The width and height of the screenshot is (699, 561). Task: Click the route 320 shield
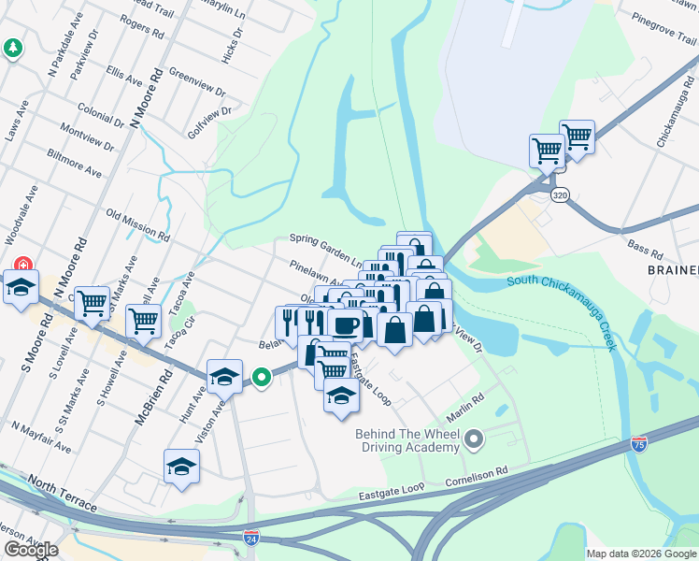(x=560, y=194)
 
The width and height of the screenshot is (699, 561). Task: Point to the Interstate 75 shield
(x=640, y=443)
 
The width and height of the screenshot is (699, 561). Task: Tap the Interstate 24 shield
(x=250, y=538)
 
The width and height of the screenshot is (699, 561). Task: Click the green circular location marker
(x=263, y=378)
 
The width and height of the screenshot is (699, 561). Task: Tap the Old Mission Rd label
(x=137, y=224)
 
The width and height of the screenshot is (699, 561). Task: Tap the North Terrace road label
(x=62, y=493)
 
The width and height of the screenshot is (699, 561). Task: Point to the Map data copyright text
(x=641, y=554)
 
